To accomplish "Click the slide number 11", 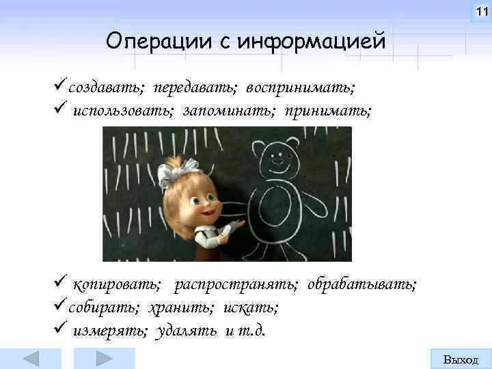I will point(480,11).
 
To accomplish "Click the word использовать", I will point(123,110).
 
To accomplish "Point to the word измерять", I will point(110,331).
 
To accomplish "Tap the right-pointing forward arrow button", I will point(104,359).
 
